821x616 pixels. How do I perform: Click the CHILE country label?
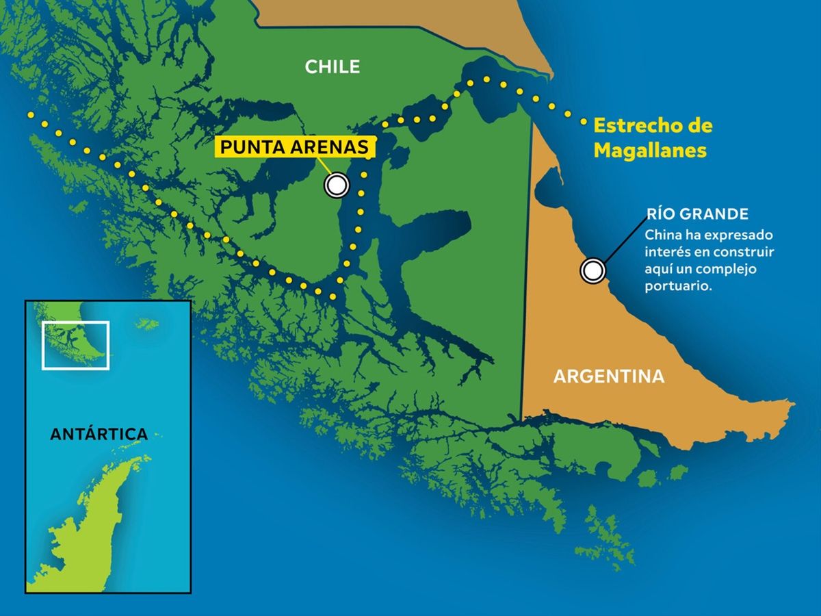(332, 66)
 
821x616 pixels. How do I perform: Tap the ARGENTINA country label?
(608, 376)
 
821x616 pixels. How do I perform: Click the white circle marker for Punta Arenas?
(337, 185)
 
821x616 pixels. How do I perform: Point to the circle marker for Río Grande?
(592, 271)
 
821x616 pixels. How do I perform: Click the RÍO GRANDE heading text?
(697, 214)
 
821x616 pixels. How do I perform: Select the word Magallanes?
(649, 150)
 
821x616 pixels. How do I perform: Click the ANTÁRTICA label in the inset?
(99, 434)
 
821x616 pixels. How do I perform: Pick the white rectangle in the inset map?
(75, 345)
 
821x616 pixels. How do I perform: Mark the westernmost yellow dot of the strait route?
(29, 116)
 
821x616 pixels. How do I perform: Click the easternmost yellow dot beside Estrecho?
(584, 123)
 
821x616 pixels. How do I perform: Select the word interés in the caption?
(667, 252)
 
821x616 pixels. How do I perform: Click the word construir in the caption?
(747, 252)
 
